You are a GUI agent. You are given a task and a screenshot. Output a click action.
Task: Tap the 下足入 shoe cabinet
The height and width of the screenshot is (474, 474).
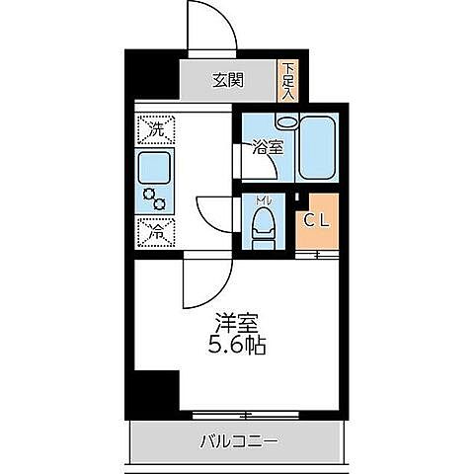tap(288, 79)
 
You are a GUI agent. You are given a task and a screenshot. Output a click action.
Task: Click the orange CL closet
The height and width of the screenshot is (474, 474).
tap(317, 221)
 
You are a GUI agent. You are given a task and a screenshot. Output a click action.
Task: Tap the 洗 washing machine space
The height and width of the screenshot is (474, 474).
tap(155, 129)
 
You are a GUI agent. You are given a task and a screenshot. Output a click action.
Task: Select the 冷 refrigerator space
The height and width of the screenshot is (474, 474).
tap(155, 232)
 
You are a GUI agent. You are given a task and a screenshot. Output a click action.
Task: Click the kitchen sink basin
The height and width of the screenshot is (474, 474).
tap(154, 166)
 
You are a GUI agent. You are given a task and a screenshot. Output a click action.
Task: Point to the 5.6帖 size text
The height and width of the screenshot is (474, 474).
tap(234, 347)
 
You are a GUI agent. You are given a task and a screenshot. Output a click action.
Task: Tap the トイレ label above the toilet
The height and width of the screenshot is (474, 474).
tap(263, 201)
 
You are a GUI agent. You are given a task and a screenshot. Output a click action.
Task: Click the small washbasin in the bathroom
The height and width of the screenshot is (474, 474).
tap(286, 123)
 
